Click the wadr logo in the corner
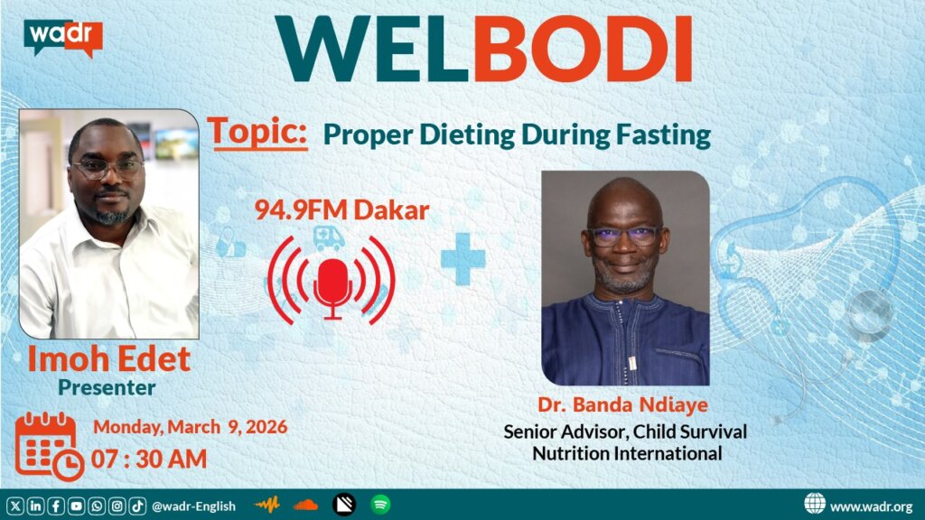pyautogui.click(x=63, y=38)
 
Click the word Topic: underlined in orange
pyautogui.click(x=257, y=133)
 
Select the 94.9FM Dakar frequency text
pyautogui.click(x=341, y=210)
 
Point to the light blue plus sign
pyautogui.click(x=463, y=259)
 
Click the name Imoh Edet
pyautogui.click(x=109, y=358)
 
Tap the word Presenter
pyautogui.click(x=107, y=387)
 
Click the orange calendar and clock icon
pyautogui.click(x=50, y=447)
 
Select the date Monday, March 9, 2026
pyautogui.click(x=191, y=427)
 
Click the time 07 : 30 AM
pyautogui.click(x=149, y=459)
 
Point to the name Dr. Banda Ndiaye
pyautogui.click(x=623, y=404)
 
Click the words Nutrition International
pyautogui.click(x=627, y=453)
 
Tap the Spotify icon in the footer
pyautogui.click(x=380, y=505)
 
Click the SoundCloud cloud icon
pyautogui.click(x=305, y=505)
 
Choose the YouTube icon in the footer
pyautogui.click(x=76, y=506)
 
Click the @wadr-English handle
pyautogui.click(x=193, y=506)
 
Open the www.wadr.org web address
pyautogui.click(x=872, y=506)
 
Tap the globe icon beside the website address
pyautogui.click(x=815, y=504)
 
